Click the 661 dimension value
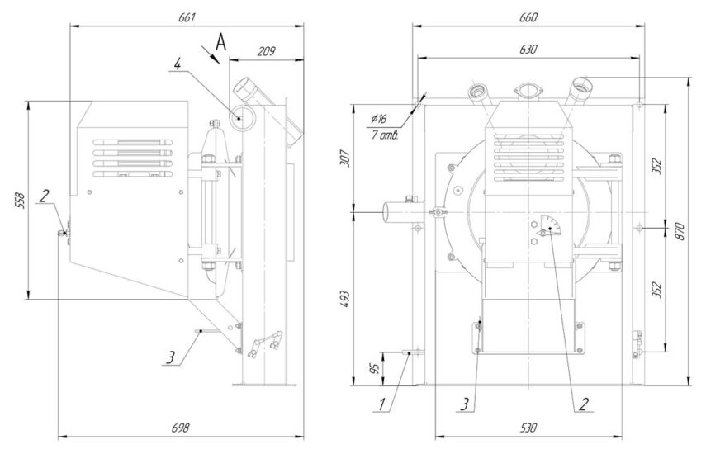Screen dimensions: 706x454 pos(187,17)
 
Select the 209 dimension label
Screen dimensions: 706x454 pos(266,51)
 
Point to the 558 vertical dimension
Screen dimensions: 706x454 pos(20,201)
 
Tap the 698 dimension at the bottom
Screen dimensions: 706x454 pos(181,428)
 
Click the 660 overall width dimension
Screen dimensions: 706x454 pos(528,17)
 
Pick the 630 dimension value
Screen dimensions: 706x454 pos(528,49)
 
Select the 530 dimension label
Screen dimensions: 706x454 pos(528,428)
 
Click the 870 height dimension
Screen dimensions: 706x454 pos(680,231)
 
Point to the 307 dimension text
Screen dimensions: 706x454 pos(346,158)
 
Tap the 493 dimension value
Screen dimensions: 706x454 pos(346,299)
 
